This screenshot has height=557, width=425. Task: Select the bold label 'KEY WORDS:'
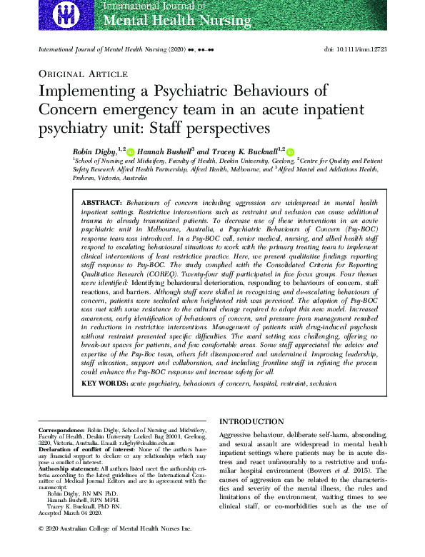(104, 383)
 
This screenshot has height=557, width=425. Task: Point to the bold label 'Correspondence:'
(61, 431)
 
